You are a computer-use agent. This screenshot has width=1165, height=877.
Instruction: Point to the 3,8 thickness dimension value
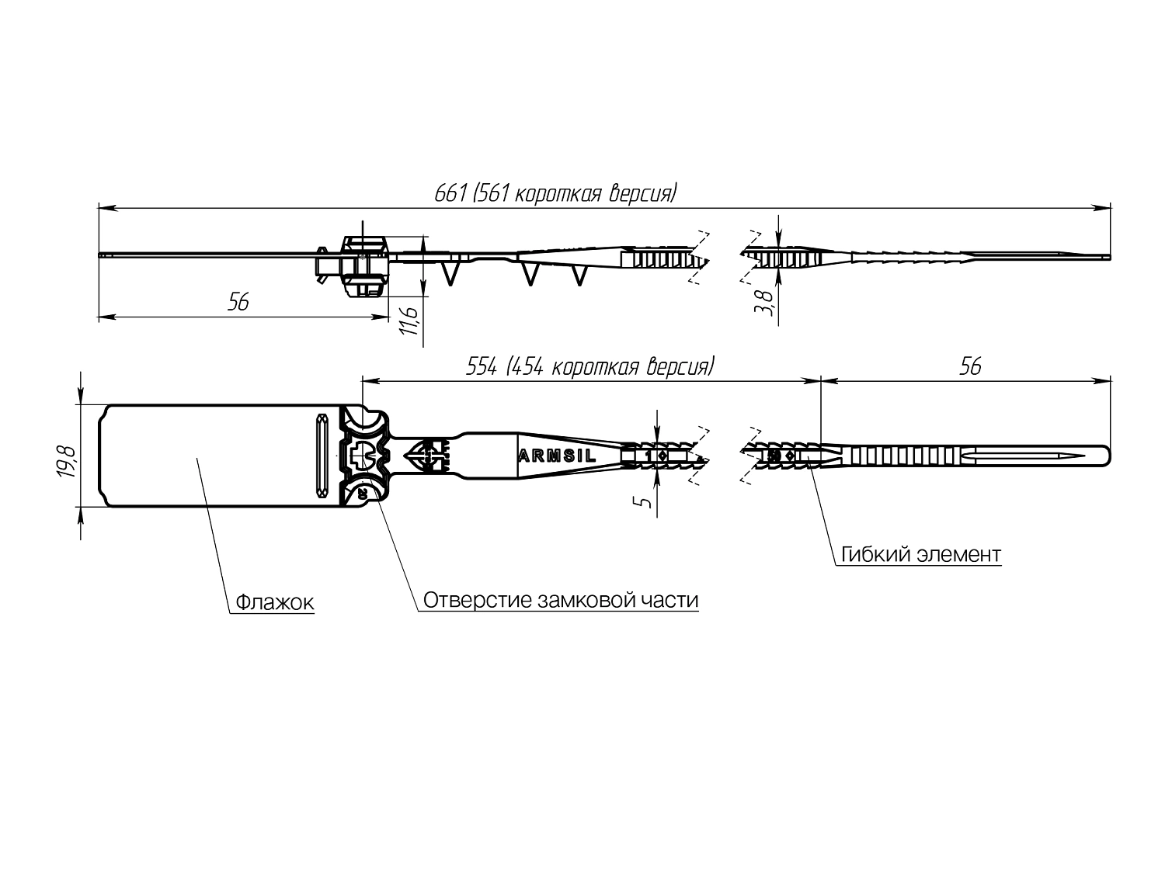coord(765,302)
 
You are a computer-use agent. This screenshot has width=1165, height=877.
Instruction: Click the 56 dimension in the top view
coord(238,303)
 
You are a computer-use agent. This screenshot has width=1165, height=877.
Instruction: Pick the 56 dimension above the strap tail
coord(970,367)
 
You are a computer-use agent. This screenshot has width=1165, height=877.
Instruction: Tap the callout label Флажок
coord(274,602)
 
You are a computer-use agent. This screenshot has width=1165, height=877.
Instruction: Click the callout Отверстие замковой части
coord(560,600)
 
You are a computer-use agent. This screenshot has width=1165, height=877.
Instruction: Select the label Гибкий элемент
coord(920,554)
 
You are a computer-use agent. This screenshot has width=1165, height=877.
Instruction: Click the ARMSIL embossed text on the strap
coord(557,457)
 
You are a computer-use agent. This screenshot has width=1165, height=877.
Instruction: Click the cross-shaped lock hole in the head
coord(361,456)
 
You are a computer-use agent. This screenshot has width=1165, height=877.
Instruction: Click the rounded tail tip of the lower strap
coord(1104,456)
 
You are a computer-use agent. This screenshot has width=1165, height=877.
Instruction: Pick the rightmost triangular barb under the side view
coord(577,274)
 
